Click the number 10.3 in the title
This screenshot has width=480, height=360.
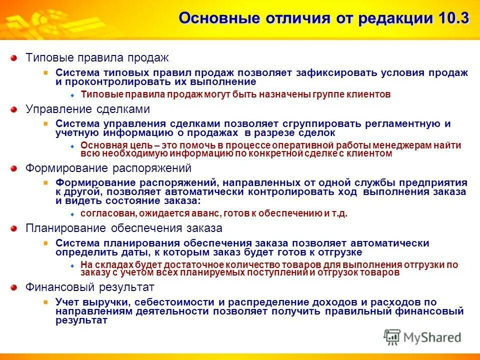coord(453,18)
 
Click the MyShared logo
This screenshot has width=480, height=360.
coord(422,337)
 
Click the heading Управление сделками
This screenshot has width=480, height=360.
coord(87,109)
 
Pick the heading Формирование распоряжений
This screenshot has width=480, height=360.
coord(108,168)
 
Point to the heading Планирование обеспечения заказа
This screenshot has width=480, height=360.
coord(124,228)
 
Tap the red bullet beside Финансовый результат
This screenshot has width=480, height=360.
coord(15,287)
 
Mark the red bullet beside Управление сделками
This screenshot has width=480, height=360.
coord(15,109)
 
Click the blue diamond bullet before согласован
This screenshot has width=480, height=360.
coord(72,214)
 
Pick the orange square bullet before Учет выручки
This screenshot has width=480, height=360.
coord(46,302)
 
